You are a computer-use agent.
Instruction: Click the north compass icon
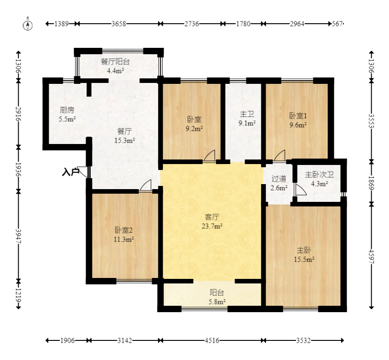pos(28,25)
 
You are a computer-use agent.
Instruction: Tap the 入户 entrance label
pos(71,172)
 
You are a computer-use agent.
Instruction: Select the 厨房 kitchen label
pos(67,110)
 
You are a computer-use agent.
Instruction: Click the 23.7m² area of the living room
pos(212,226)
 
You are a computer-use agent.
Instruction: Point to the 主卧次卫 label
pos(319,175)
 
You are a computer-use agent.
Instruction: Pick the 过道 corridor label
pos(279,179)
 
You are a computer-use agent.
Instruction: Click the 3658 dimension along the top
pos(118,24)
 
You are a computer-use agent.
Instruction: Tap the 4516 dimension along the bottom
pos(212,340)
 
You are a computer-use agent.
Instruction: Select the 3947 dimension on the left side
pos(18,236)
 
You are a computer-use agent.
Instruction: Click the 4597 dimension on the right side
pos(371,257)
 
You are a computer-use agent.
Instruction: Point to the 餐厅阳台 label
pos(115,62)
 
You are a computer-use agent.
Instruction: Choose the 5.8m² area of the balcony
pos(217,302)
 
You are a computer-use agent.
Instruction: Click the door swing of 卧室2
pos(146,185)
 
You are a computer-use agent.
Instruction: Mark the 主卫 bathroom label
pos(247,114)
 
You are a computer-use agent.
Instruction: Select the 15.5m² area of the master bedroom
pos(304,259)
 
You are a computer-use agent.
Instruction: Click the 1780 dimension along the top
pos(243,24)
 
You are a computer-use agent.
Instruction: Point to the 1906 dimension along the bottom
pos(67,340)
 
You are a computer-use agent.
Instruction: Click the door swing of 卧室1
pos(280,156)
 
